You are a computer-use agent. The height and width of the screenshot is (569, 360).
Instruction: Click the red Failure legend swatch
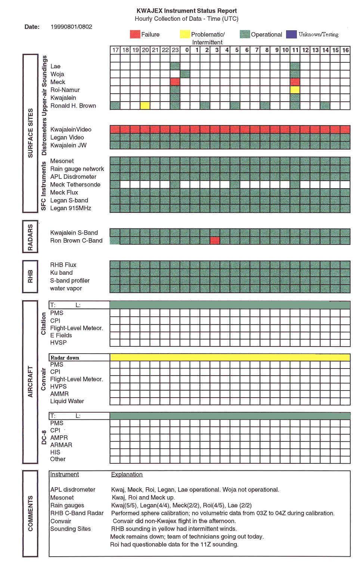[x=135, y=34]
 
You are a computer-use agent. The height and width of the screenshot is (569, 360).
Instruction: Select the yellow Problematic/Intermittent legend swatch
[x=185, y=34]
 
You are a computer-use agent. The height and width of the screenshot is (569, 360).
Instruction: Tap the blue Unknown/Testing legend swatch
[x=291, y=34]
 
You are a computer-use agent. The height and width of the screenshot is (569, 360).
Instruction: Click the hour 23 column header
[x=175, y=50]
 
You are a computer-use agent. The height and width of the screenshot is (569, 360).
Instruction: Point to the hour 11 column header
[x=295, y=50]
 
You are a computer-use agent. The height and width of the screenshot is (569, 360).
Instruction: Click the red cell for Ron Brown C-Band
[x=215, y=240]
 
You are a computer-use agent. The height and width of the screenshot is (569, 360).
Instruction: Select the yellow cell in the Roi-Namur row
[x=295, y=90]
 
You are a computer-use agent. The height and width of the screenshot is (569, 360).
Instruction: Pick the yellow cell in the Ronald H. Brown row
[x=145, y=106]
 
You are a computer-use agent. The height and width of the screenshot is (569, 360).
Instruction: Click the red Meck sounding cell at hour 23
[x=175, y=82]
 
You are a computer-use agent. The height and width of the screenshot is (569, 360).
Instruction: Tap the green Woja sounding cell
[x=185, y=74]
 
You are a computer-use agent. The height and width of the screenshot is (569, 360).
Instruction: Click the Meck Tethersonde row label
[x=75, y=184]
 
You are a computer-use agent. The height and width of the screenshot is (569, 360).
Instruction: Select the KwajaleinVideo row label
[x=71, y=130]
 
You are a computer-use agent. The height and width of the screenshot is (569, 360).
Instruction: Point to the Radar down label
[x=65, y=358]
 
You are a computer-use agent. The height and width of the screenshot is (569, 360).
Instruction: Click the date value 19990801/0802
[x=71, y=27]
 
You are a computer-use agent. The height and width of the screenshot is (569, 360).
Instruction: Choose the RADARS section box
[x=30, y=237]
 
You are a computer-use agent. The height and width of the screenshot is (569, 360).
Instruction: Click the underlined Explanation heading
[x=127, y=475]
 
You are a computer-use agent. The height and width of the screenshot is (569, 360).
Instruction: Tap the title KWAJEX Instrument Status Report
[x=187, y=11]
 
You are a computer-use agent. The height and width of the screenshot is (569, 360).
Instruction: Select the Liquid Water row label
[x=67, y=401]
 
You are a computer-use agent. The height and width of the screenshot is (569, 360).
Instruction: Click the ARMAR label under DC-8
[x=61, y=445]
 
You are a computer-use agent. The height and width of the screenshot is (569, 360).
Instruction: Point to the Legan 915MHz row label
[x=71, y=208]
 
